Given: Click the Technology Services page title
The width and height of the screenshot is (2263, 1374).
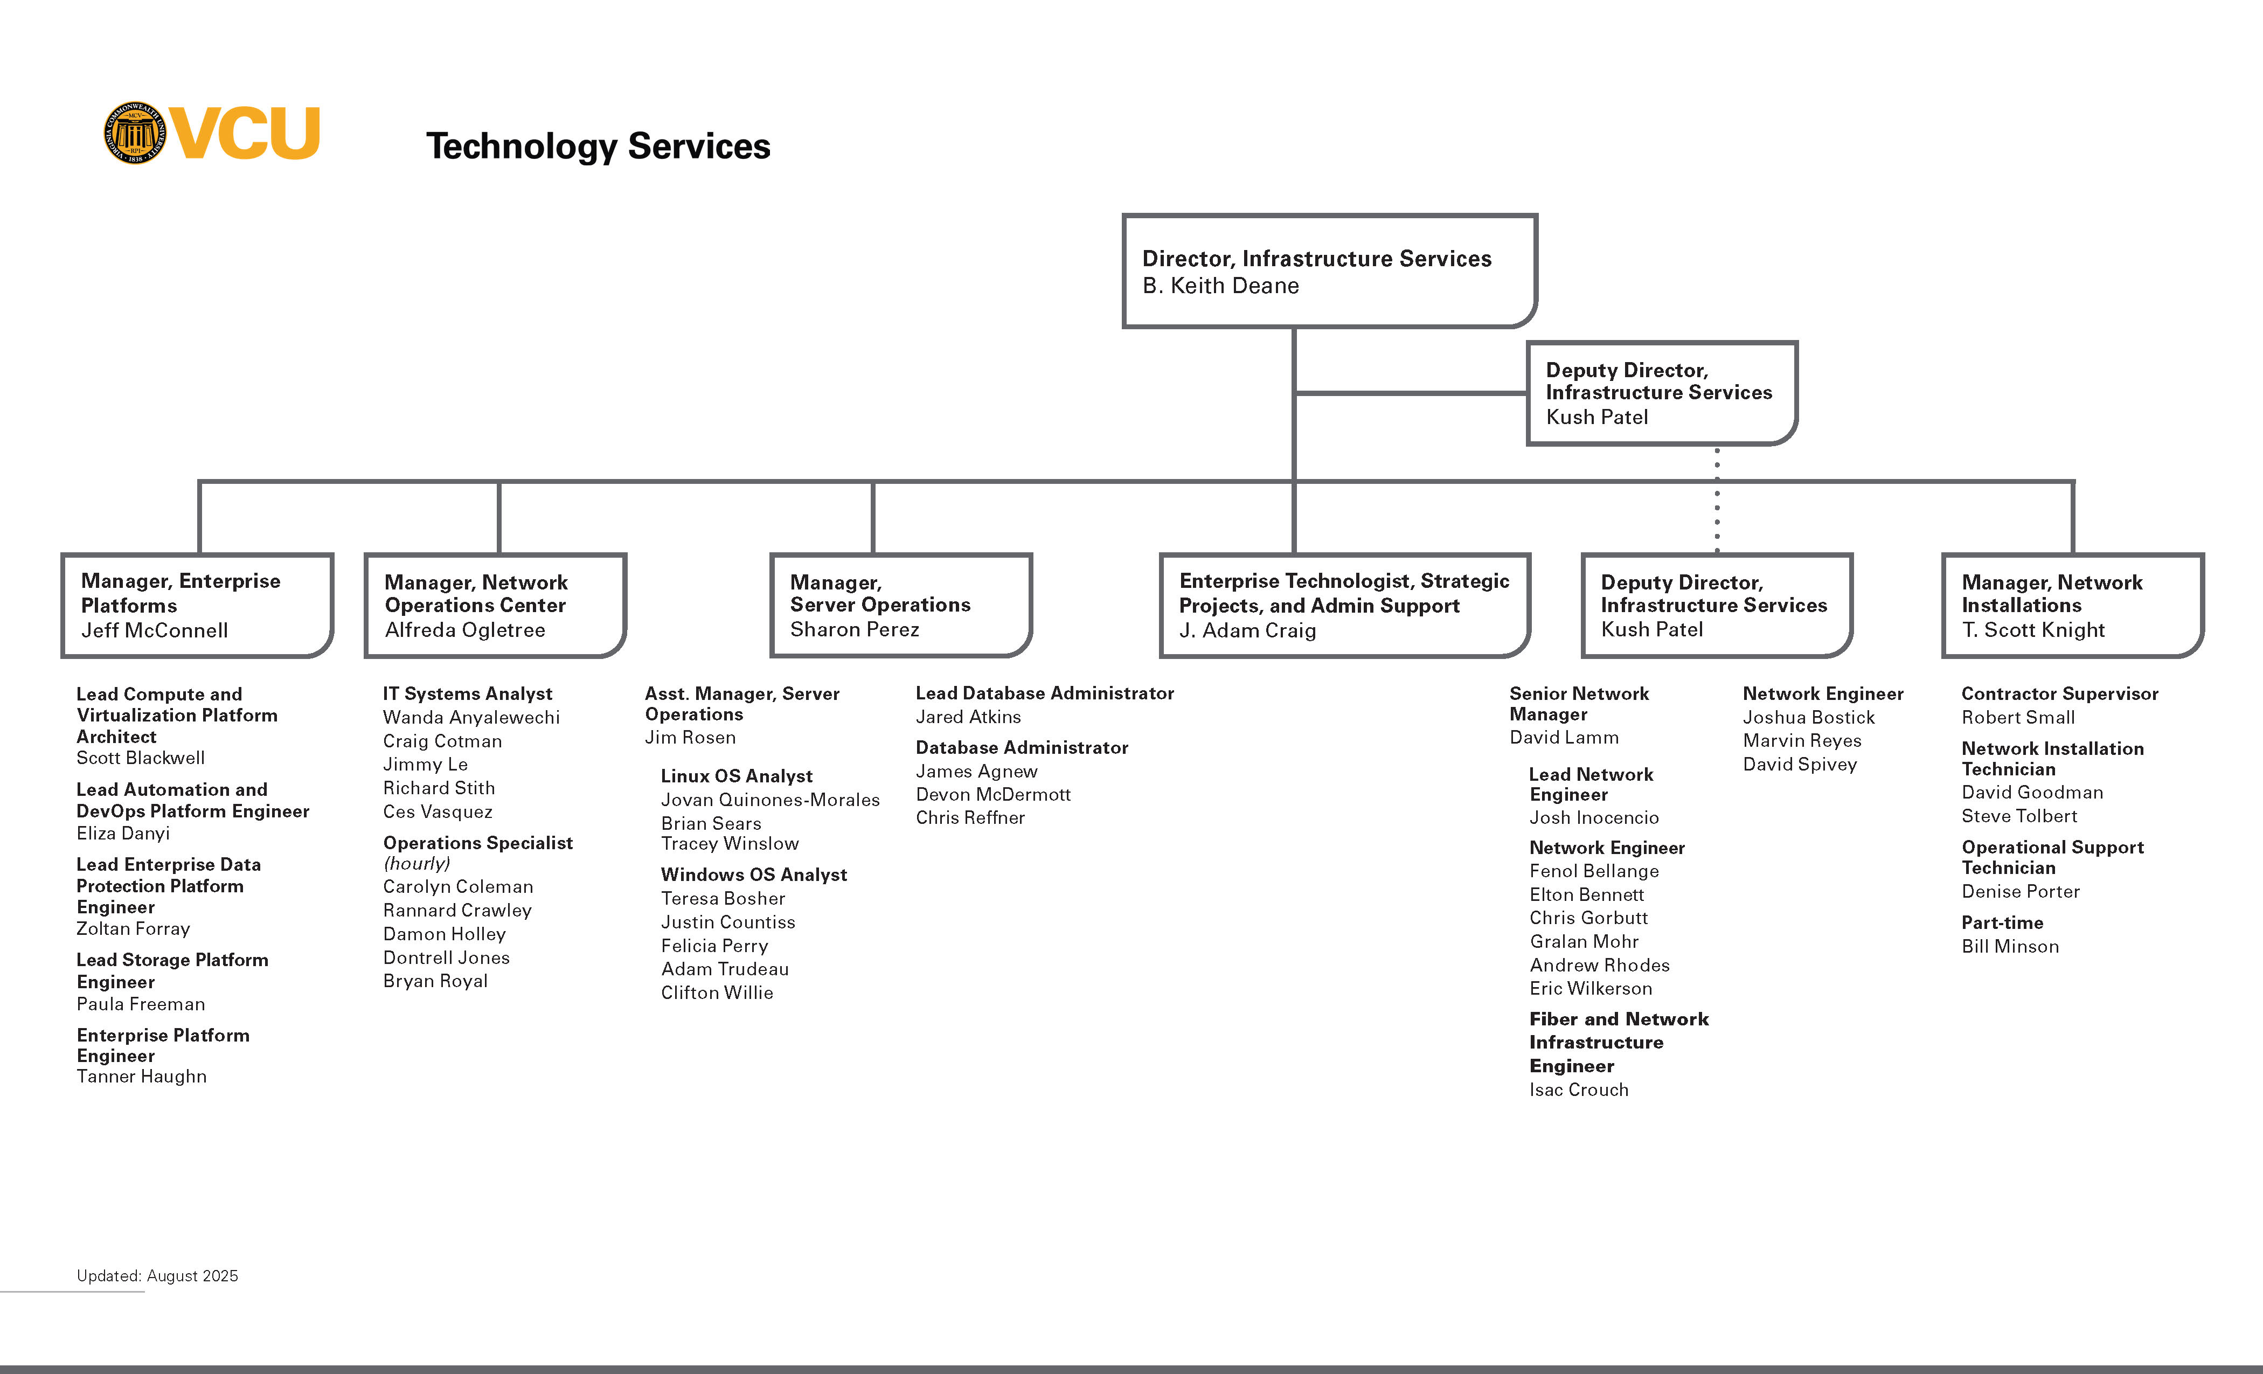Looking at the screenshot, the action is point(598,146).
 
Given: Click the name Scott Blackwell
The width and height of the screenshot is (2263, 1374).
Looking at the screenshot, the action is point(141,758).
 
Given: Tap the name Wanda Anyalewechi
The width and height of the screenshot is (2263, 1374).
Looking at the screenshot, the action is point(471,717).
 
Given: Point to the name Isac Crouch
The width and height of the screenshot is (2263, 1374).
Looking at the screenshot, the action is point(1579,1090).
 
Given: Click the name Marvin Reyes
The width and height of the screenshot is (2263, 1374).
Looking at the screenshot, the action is point(1802,740).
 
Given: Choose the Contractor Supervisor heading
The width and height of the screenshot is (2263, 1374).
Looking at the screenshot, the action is point(2060,693).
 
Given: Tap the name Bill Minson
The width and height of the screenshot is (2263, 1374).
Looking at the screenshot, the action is point(2010,946).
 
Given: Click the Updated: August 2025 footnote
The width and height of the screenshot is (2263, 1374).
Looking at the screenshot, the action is point(157,1276).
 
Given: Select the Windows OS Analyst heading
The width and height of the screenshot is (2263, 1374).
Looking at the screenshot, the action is point(754,875).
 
